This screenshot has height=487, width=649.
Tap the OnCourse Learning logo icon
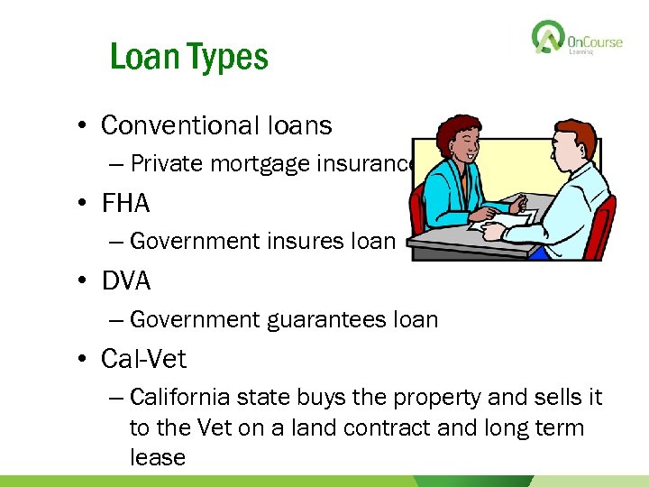click(546, 38)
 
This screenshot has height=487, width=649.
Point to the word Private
click(164, 163)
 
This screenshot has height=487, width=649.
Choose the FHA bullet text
click(126, 203)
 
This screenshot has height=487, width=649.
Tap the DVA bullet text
click(126, 280)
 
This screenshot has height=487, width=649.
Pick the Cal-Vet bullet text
click(144, 359)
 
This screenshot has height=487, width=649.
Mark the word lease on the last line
click(158, 457)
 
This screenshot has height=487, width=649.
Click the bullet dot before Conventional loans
click(85, 126)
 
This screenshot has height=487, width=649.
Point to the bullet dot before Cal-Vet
click(85, 360)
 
